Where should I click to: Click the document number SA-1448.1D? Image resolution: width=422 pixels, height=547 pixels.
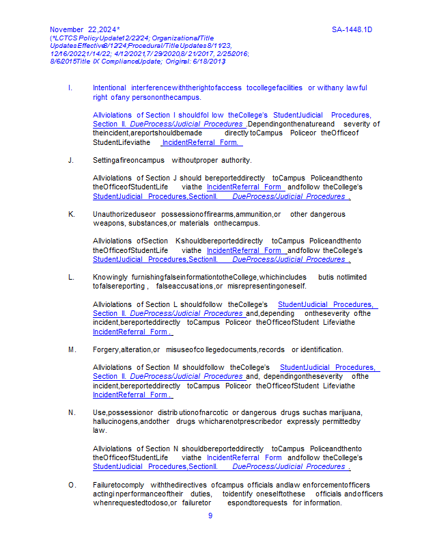point(356,30)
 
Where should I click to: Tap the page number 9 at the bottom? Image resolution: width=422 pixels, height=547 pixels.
point(210,516)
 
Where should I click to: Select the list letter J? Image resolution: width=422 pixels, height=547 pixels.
point(70,161)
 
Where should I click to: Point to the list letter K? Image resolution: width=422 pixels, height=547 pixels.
point(71,214)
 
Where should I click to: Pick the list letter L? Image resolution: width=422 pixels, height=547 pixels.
point(71,277)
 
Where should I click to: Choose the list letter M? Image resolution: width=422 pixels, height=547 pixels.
point(72,349)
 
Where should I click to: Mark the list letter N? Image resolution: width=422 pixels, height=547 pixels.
point(71,412)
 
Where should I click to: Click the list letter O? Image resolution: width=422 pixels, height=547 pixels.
point(72,485)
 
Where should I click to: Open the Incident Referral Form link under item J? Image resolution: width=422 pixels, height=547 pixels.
point(244,187)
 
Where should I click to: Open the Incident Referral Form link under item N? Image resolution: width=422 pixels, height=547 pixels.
point(244,457)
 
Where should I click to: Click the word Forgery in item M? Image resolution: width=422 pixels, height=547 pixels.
point(106,349)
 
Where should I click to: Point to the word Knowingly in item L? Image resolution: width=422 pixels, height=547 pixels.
point(109,277)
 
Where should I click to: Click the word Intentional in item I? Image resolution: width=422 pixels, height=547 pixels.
point(109,88)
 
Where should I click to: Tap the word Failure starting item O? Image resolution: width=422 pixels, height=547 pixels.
point(106,485)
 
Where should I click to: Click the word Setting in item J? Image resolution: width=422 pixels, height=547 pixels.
point(104,161)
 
